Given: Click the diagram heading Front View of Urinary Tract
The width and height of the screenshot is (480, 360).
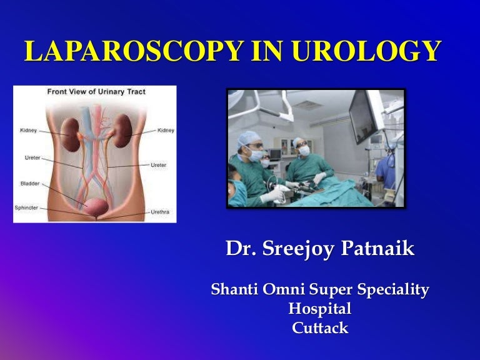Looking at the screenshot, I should click(x=96, y=92).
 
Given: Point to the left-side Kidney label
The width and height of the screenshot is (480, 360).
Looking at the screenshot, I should click(x=29, y=131).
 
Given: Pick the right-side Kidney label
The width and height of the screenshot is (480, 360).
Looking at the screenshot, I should click(x=166, y=130).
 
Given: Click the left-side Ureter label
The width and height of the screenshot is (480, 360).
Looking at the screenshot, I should click(x=32, y=157).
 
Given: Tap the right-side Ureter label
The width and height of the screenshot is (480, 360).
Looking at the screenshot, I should click(x=158, y=165).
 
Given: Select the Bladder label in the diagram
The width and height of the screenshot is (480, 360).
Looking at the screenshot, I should click(x=31, y=184).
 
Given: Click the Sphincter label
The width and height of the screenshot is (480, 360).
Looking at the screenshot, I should click(x=26, y=207).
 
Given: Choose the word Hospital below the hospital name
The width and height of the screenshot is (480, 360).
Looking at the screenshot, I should click(x=319, y=309).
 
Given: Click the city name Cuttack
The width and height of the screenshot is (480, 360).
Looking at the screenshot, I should click(x=319, y=328).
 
